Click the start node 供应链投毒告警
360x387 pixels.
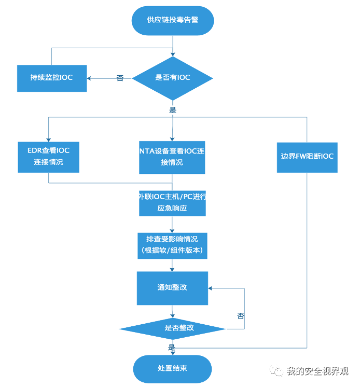[x=172, y=20]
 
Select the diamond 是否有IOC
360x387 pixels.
[x=173, y=78]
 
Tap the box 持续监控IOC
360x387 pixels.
[x=52, y=78]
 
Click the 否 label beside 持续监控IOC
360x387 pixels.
[x=120, y=78]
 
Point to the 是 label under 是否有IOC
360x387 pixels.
[x=173, y=110]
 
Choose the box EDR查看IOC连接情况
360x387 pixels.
[x=48, y=157]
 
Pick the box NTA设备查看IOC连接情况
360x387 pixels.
[x=172, y=157]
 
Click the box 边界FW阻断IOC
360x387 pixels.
[x=307, y=157]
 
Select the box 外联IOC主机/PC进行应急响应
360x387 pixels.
[x=172, y=202]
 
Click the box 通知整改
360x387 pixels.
[x=172, y=287]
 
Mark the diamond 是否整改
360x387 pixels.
[x=172, y=328]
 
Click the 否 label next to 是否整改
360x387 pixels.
[x=241, y=315]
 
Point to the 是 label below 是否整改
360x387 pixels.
[x=172, y=347]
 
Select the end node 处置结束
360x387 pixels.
[x=172, y=368]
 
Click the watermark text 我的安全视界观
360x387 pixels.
[x=317, y=371]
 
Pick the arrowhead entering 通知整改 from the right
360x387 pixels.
[x=211, y=288]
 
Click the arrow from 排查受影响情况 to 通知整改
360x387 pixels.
[x=172, y=265]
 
